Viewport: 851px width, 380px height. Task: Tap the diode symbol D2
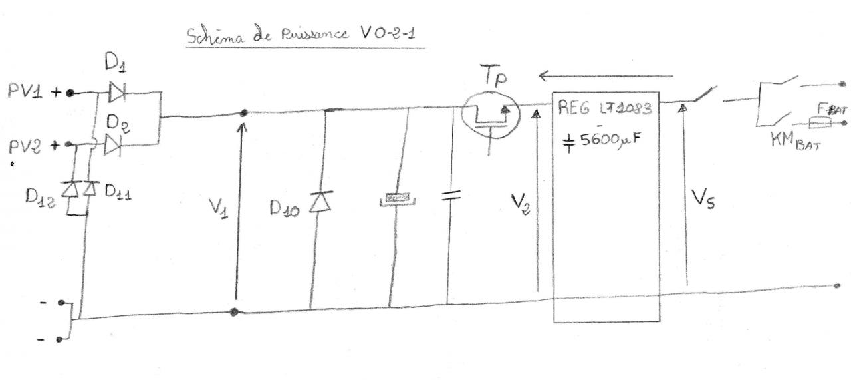(114, 143)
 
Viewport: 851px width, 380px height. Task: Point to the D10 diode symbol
(323, 199)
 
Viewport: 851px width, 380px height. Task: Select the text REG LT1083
(606, 109)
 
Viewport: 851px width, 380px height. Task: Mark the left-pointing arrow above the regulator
(605, 76)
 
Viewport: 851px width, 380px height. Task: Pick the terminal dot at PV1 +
(70, 93)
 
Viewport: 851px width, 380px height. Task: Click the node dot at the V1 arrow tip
(244, 114)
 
